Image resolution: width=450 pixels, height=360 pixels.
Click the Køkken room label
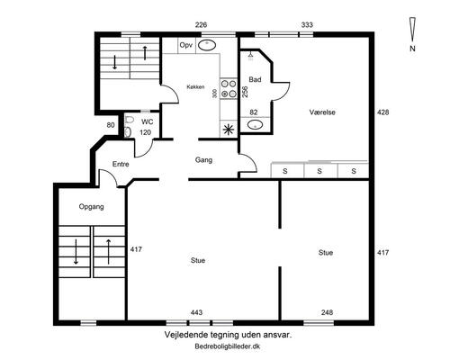pyautogui.click(x=195, y=87)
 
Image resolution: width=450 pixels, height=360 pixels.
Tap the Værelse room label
pyautogui.click(x=322, y=112)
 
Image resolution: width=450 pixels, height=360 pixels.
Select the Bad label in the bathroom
pyautogui.click(x=255, y=79)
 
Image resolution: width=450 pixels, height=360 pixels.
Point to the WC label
pyautogui.click(x=148, y=121)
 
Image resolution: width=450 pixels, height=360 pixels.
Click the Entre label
pyautogui.click(x=121, y=164)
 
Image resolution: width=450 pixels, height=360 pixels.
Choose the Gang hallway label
pyautogui.click(x=203, y=160)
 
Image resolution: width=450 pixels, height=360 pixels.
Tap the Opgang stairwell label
pyautogui.click(x=92, y=207)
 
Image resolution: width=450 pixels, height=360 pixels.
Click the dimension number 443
pyautogui.click(x=196, y=312)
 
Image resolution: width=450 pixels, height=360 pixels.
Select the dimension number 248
pyautogui.click(x=327, y=312)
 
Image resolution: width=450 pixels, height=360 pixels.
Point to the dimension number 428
pyautogui.click(x=383, y=112)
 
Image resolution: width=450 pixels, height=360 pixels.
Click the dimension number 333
pyautogui.click(x=307, y=24)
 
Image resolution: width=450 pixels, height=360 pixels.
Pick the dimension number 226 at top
pyautogui.click(x=201, y=24)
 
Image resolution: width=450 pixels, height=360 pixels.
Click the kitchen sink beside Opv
pyautogui.click(x=207, y=45)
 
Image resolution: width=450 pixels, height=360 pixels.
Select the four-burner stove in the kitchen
pyautogui.click(x=229, y=88)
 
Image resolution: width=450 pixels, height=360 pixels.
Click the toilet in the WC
pyautogui.click(x=129, y=126)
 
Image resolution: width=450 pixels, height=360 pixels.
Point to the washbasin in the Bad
pyautogui.click(x=256, y=124)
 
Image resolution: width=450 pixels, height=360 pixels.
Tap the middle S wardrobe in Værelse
pyautogui.click(x=319, y=171)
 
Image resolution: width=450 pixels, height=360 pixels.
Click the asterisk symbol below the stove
pyautogui.click(x=229, y=130)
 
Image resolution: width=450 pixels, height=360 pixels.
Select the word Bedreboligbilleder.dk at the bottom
pyautogui.click(x=228, y=346)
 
